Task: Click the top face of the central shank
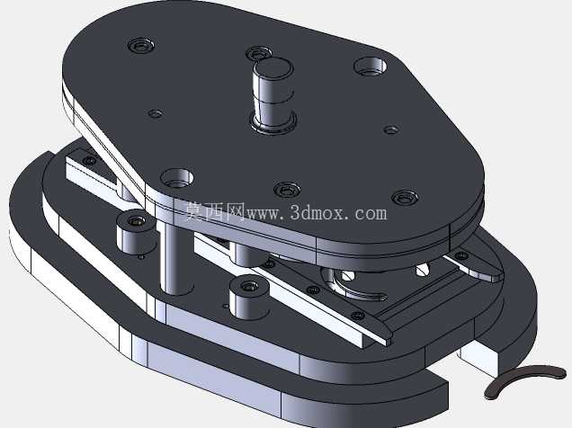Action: (x=273, y=67)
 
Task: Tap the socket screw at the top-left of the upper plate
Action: (x=141, y=46)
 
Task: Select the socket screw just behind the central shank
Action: (x=258, y=52)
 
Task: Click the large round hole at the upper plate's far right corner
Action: (x=371, y=66)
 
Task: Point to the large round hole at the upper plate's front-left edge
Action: (x=177, y=177)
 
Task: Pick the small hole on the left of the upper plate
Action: (x=156, y=114)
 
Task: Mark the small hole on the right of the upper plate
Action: (x=391, y=129)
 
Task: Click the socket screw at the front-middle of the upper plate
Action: (x=287, y=190)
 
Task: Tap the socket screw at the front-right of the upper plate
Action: (x=405, y=198)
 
